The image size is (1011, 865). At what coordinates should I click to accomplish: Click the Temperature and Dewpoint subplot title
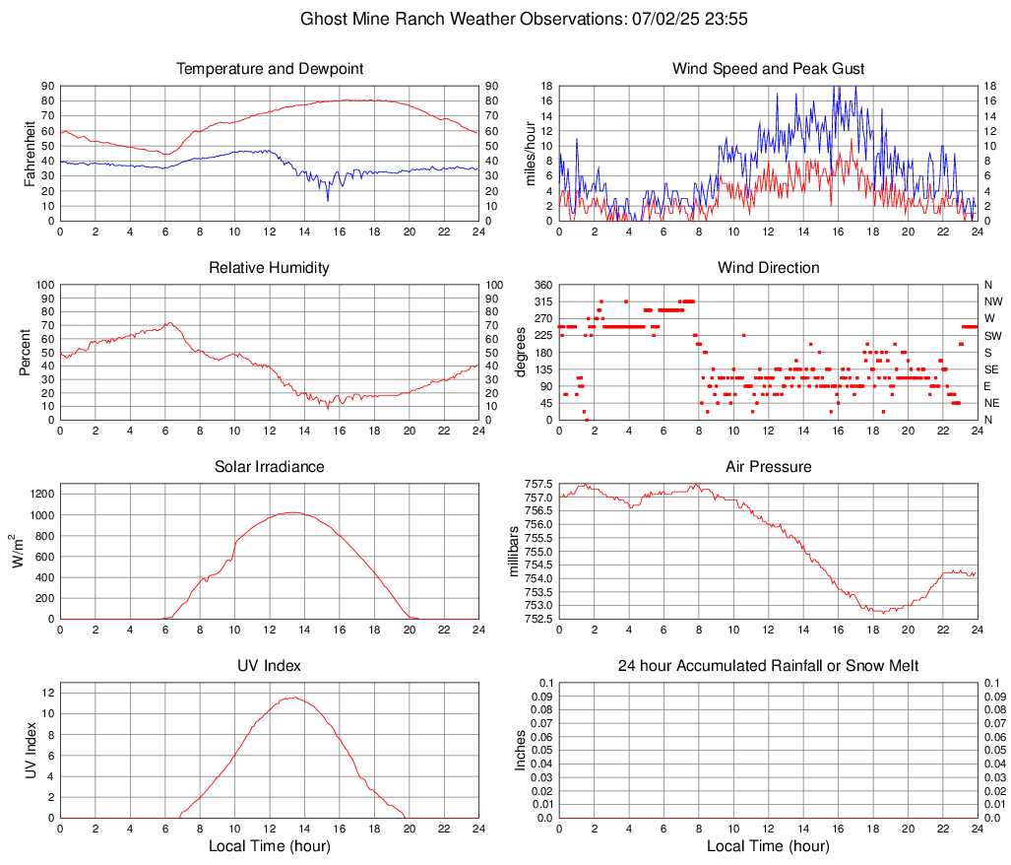(270, 69)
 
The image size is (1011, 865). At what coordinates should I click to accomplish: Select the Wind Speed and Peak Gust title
(768, 69)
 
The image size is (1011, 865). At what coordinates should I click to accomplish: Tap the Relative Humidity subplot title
(270, 268)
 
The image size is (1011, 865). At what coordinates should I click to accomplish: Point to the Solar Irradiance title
(270, 467)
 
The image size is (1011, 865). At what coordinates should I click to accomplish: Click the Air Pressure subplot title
(768, 467)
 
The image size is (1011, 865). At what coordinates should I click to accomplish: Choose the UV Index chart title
(270, 666)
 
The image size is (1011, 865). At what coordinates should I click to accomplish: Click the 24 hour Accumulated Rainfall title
(768, 666)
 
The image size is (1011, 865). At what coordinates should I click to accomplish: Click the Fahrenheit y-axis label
(31, 154)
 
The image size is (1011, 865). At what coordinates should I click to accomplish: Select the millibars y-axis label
(513, 552)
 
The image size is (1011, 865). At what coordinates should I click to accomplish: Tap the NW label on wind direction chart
(993, 301)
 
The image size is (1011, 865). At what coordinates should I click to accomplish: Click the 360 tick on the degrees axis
(541, 285)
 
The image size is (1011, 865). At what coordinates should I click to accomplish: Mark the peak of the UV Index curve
(292, 698)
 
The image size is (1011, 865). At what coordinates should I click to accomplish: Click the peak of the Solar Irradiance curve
(292, 512)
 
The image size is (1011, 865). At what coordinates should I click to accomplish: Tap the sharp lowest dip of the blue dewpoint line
(328, 200)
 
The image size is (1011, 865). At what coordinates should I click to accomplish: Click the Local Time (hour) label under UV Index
(270, 846)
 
